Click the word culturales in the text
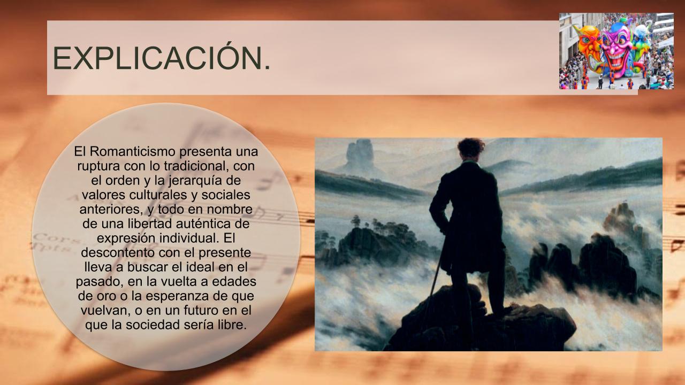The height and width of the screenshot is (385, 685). pyautogui.click(x=158, y=195)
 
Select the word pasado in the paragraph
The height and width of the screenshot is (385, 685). pyautogui.click(x=100, y=282)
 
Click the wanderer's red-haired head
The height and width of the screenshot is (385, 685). pyautogui.click(x=471, y=148)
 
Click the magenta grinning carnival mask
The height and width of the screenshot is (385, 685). pyautogui.click(x=616, y=48)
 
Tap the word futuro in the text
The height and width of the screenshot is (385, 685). pyautogui.click(x=201, y=311)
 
